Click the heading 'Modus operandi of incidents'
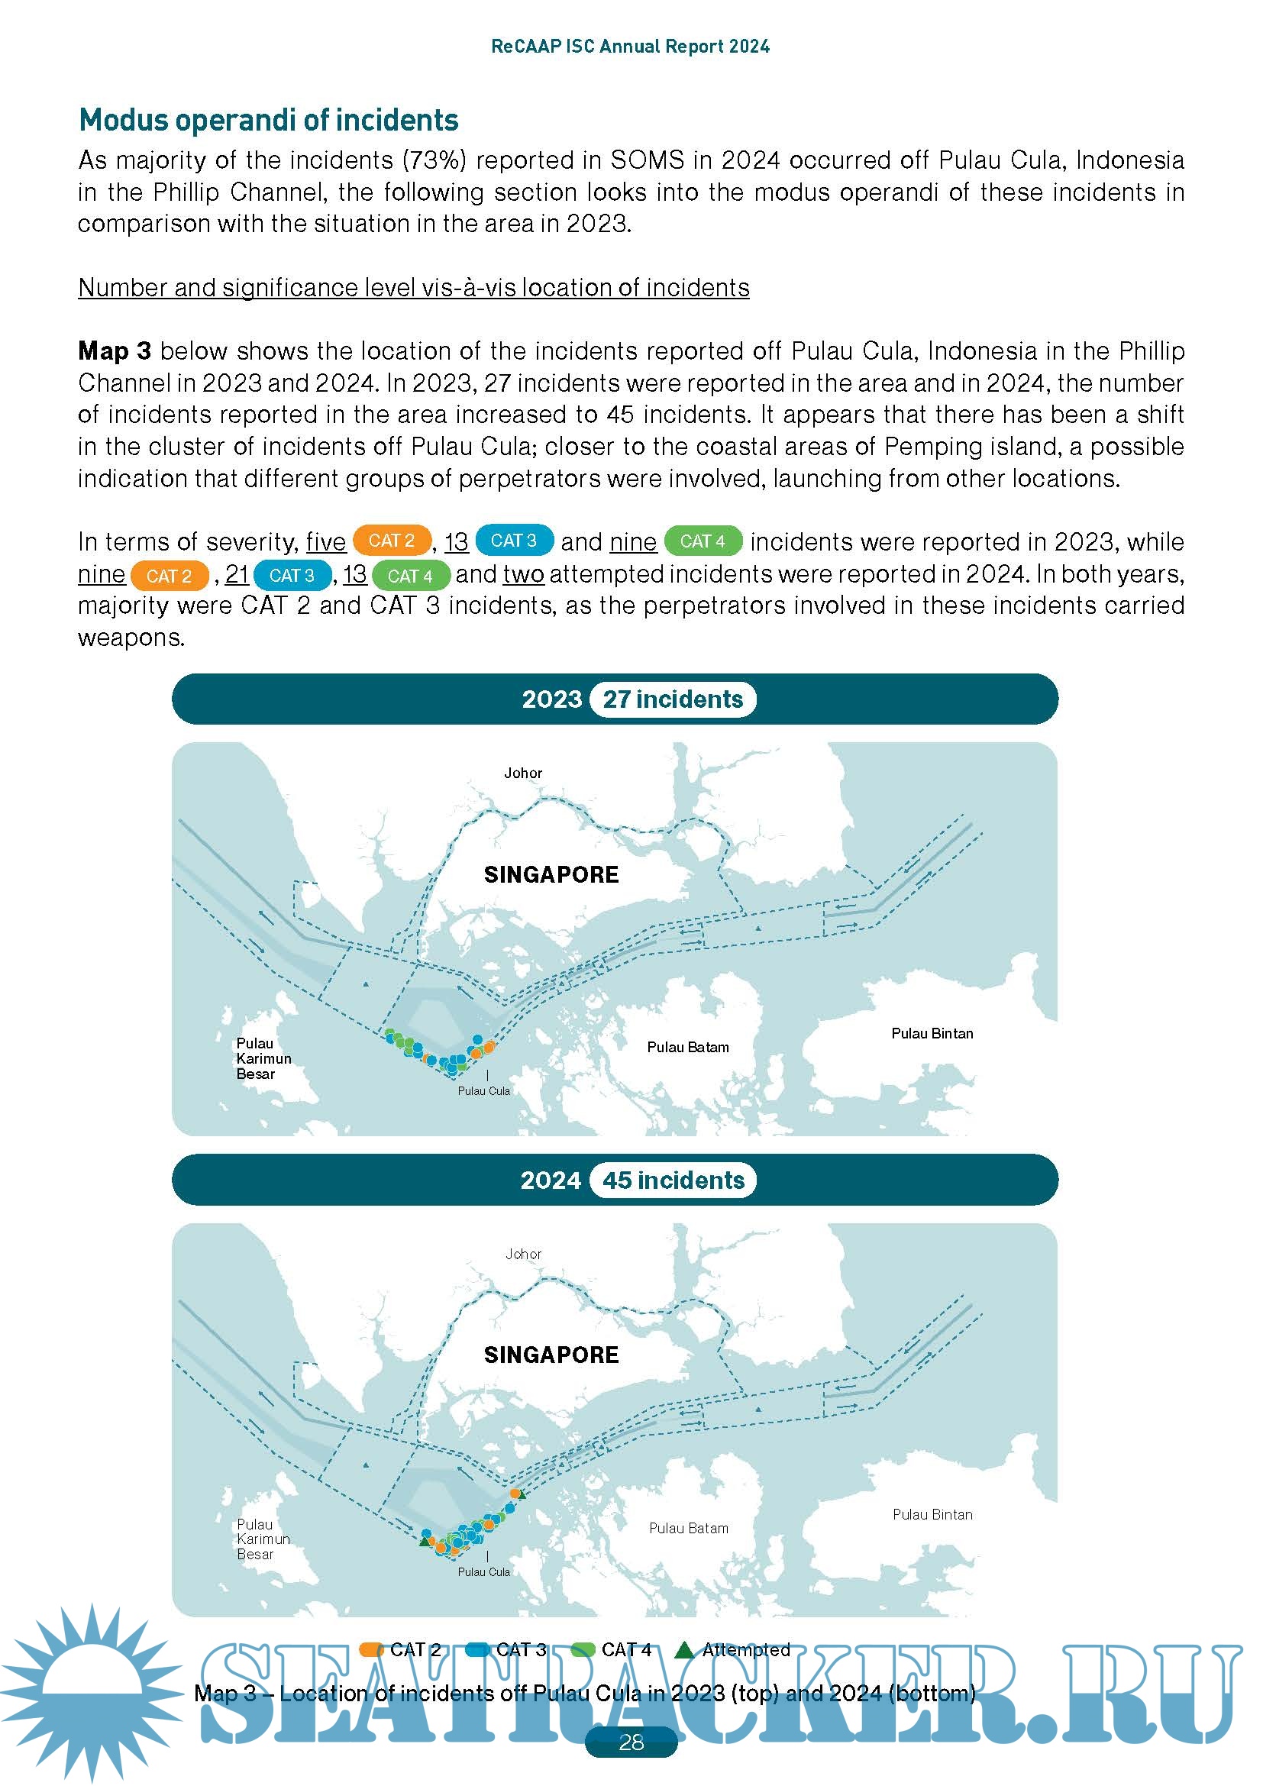[269, 121]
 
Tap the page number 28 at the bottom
[631, 1742]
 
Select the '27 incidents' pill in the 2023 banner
[673, 699]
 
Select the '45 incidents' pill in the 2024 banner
[673, 1180]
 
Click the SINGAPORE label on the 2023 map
[551, 875]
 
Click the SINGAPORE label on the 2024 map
[551, 1355]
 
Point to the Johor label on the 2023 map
[522, 774]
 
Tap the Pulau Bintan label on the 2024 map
[932, 1514]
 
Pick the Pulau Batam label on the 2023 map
[688, 1048]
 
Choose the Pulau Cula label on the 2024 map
[483, 1571]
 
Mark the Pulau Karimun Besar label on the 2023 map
[263, 1058]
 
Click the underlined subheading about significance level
[414, 288]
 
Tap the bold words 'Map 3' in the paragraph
[115, 350]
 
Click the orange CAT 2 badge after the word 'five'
[392, 541]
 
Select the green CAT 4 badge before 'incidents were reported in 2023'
[703, 541]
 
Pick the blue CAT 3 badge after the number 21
[292, 576]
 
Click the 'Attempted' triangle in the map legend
[684, 1650]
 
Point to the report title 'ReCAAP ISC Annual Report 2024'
[630, 47]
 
